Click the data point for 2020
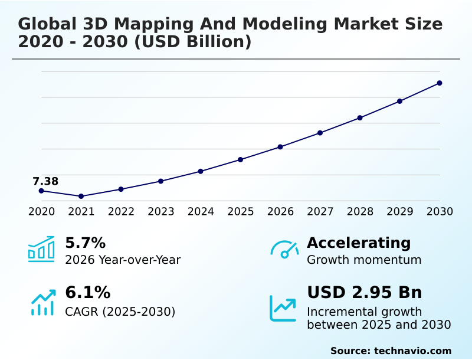click(41, 191)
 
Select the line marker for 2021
click(81, 196)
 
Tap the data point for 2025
click(241, 159)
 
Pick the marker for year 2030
click(440, 83)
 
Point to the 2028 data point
click(360, 117)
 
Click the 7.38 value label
click(45, 181)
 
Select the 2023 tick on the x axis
click(161, 211)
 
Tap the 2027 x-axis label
click(320, 211)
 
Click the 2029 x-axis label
click(400, 211)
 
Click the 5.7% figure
click(85, 243)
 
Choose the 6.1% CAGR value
click(87, 292)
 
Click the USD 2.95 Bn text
click(365, 292)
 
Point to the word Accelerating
click(359, 243)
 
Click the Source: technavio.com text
click(391, 351)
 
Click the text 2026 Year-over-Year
click(123, 260)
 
